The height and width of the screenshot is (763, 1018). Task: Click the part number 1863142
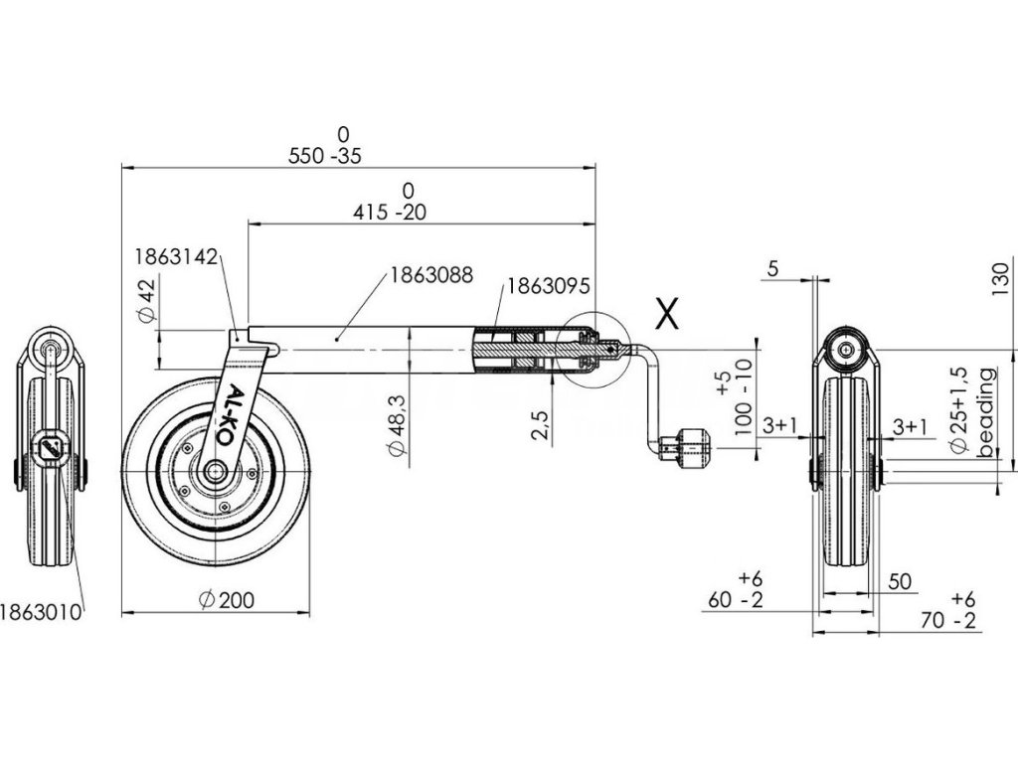[x=176, y=256]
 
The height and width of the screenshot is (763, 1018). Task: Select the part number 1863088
[x=429, y=275]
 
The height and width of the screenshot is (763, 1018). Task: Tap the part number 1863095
[x=549, y=285]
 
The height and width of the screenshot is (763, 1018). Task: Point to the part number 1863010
[x=41, y=611]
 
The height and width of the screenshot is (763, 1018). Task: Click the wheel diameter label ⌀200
[x=226, y=599]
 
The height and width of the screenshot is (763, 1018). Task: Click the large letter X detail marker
[x=666, y=315]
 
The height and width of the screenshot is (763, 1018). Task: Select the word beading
[x=986, y=412]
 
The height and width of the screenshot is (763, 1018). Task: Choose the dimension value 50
[x=901, y=582]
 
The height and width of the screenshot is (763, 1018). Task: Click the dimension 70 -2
[x=948, y=622]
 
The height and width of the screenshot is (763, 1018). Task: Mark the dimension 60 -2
[x=737, y=600]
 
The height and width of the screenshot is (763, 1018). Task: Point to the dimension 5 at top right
[x=774, y=268]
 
